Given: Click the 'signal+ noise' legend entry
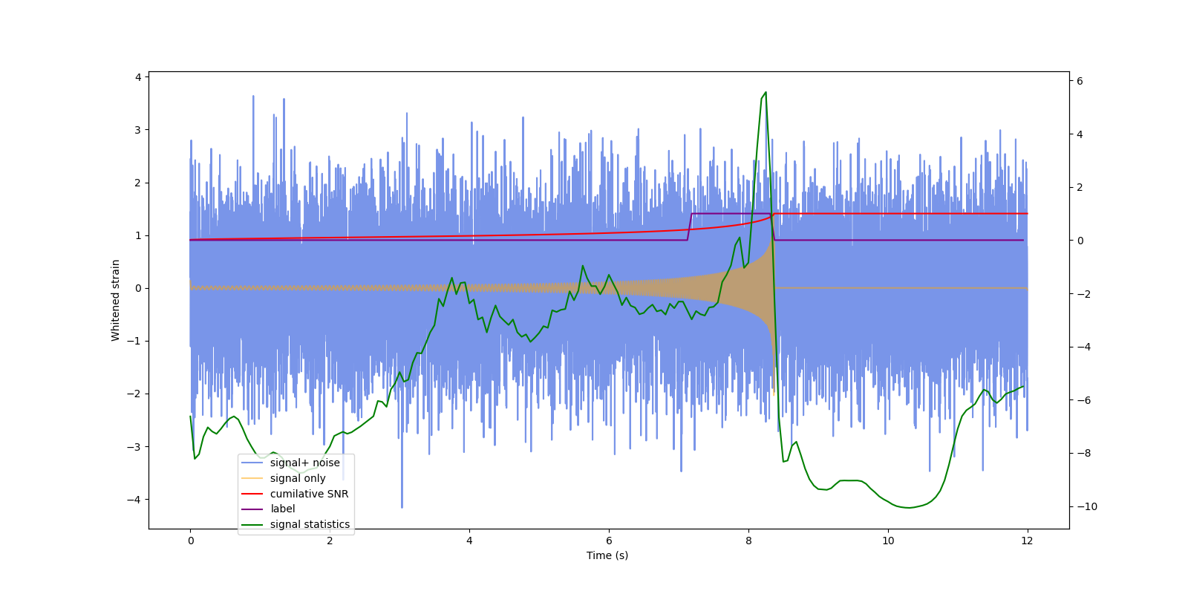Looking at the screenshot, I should [x=304, y=463].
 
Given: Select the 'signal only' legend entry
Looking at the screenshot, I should [x=297, y=478].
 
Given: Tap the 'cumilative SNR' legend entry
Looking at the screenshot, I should [x=309, y=494].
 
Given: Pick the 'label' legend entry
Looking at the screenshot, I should [x=282, y=509].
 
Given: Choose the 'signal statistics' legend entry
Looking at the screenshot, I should [x=310, y=524].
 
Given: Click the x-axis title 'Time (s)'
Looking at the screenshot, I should [x=607, y=555].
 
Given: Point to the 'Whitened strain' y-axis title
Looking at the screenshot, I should [x=116, y=300].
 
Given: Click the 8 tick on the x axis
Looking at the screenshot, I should [x=748, y=541].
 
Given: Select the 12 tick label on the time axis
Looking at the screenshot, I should [x=1027, y=541].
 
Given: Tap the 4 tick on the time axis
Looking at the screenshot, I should [x=469, y=541].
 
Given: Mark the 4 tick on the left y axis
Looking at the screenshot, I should [x=138, y=77].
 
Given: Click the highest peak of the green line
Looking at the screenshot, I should [x=766, y=93].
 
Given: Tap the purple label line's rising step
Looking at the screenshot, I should [x=690, y=226].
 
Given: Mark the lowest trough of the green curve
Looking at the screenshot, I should [x=908, y=508].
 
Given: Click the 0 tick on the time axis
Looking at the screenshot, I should [x=191, y=541].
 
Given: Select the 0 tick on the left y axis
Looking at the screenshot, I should [x=138, y=288].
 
